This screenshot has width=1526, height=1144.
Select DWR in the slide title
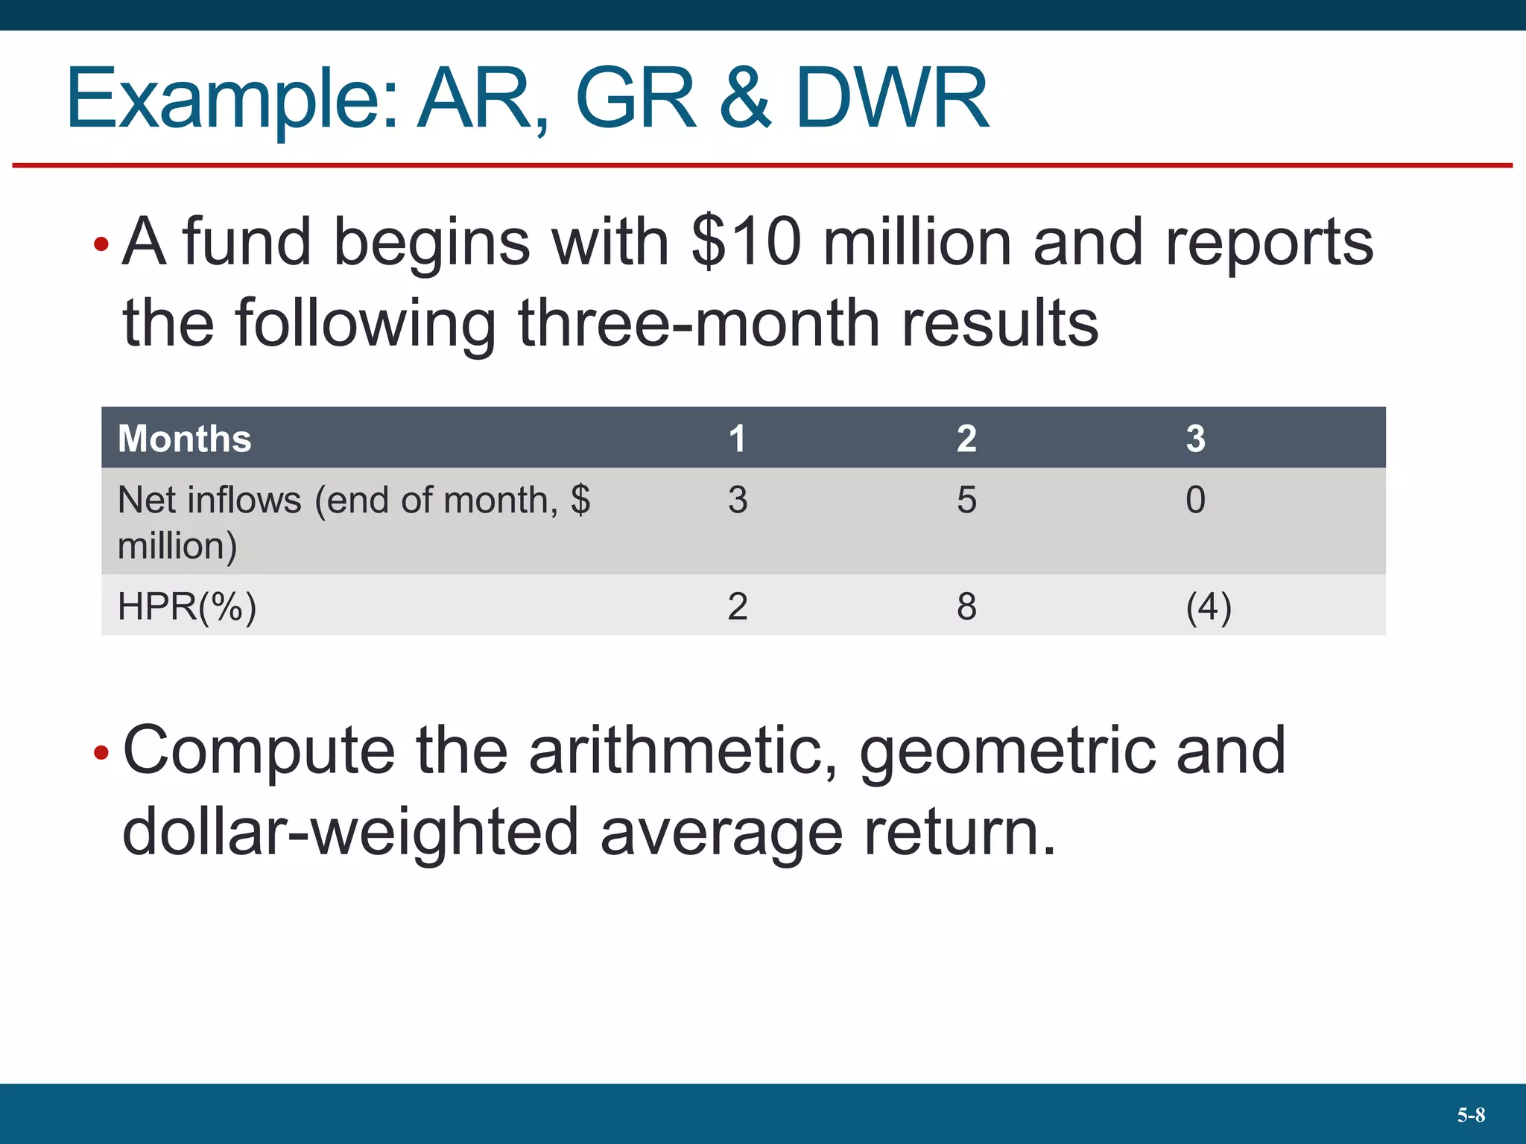(x=892, y=98)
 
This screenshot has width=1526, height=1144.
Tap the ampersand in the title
(x=745, y=98)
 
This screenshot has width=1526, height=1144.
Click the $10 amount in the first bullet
(x=746, y=241)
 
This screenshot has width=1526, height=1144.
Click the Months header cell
(x=185, y=438)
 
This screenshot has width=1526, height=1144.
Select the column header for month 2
(x=966, y=438)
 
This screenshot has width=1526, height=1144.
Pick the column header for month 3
(x=1195, y=438)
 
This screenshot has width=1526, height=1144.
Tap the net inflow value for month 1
(x=738, y=500)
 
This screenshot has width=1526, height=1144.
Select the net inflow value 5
(x=966, y=500)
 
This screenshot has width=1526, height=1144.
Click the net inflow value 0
(x=1195, y=500)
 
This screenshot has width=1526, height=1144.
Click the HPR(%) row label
(x=187, y=606)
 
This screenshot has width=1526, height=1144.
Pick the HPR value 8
(x=966, y=606)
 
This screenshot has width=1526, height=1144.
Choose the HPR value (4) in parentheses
(x=1209, y=606)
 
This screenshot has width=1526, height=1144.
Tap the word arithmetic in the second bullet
(x=683, y=751)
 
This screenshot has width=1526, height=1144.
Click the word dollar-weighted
(x=350, y=832)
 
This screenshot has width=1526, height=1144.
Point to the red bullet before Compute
(x=101, y=753)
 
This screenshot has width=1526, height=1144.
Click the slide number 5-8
(x=1471, y=1115)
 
